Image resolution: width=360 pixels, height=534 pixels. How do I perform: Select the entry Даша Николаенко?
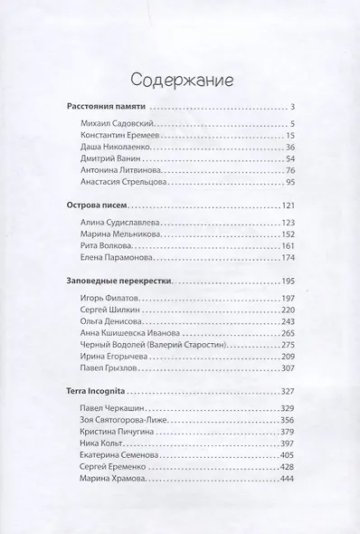coord(118,148)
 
